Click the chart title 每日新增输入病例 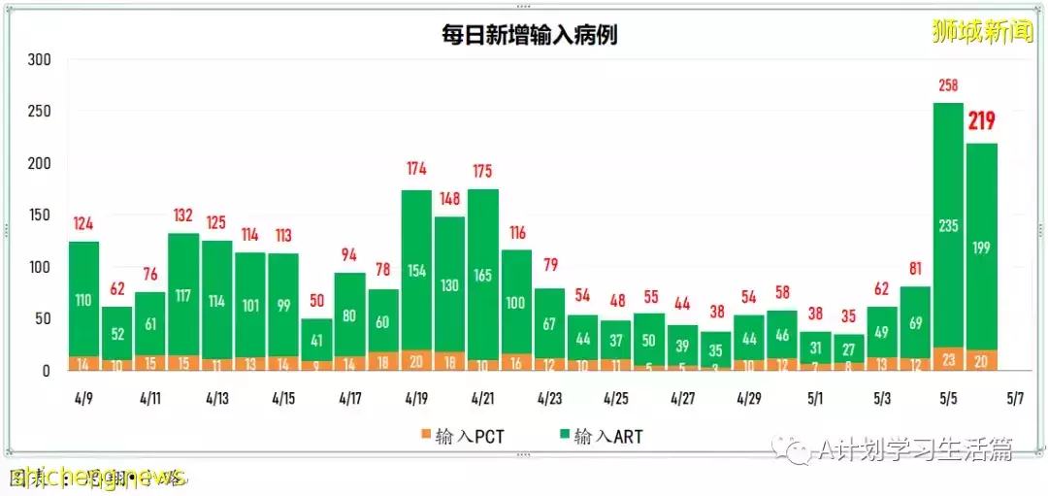530,36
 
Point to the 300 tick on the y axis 39,59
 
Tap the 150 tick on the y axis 39,215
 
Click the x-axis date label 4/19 416,398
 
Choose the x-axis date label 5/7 1015,398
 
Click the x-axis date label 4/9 83,398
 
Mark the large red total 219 982,122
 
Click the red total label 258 948,86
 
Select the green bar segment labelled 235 948,225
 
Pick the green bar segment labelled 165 483,275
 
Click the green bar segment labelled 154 416,270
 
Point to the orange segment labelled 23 948,358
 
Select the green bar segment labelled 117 183,294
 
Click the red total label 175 483,172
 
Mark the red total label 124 83,224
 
